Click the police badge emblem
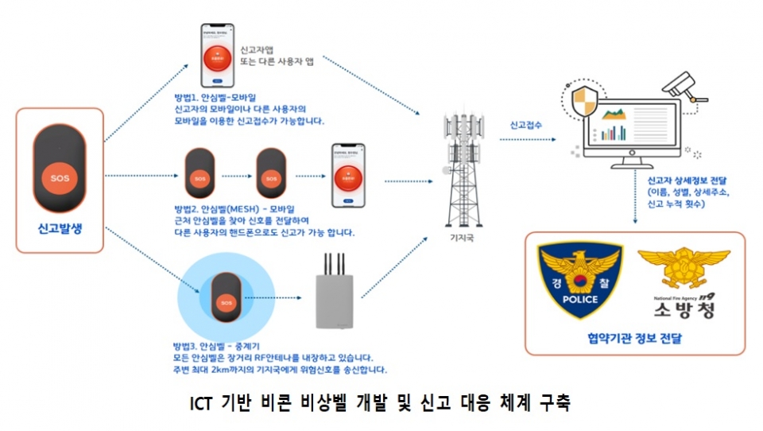(580, 282)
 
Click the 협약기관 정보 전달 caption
(633, 339)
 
